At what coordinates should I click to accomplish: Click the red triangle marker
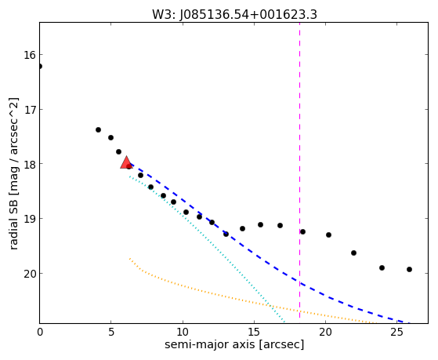coord(126,163)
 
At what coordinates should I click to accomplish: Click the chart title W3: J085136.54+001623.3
coord(234,14)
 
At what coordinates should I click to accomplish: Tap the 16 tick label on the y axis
coord(30,55)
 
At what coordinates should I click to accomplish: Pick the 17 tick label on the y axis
coord(30,109)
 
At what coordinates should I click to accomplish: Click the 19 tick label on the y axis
coord(30,219)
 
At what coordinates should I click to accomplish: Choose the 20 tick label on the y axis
coord(30,274)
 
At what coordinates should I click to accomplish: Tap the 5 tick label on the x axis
coord(111,332)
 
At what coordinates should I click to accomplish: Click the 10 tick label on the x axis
coord(183,332)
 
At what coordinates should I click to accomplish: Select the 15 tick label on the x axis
coord(254,332)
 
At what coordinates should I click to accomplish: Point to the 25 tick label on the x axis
coord(397,332)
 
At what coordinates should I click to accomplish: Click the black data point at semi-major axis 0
coord(40,67)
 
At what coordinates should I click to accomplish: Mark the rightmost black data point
coord(409,269)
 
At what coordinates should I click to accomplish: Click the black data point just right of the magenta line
coord(302,231)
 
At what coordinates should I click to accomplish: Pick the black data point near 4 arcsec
coord(98,129)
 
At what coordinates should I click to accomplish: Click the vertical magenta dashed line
coord(300,173)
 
